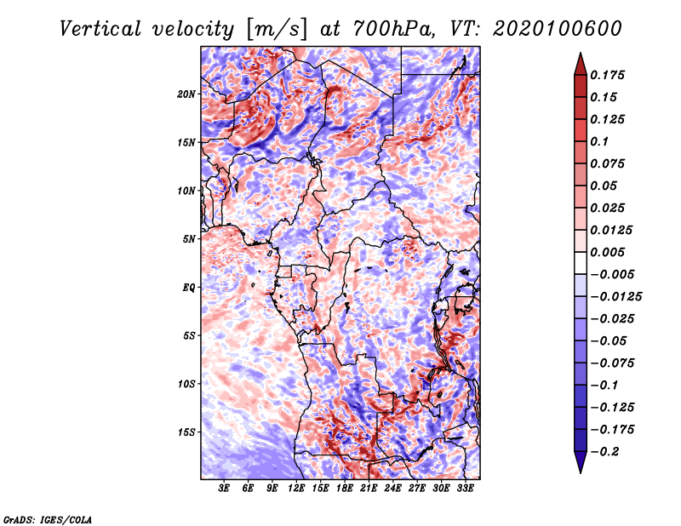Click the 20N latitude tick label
tap(186, 94)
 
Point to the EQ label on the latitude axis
tap(188, 288)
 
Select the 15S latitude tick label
tap(186, 432)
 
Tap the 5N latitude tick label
tap(188, 239)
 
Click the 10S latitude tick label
tap(186, 384)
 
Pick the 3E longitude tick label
tap(224, 489)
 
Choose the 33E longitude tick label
tap(465, 489)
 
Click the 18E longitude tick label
tap(345, 489)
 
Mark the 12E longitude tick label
tap(296, 489)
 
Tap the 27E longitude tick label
tap(417, 489)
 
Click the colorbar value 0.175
tap(607, 75)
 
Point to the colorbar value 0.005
tap(607, 252)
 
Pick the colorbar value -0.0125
tap(615, 297)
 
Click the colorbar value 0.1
tap(599, 141)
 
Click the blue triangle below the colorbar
tap(581, 460)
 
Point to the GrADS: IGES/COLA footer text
tap(48, 519)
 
